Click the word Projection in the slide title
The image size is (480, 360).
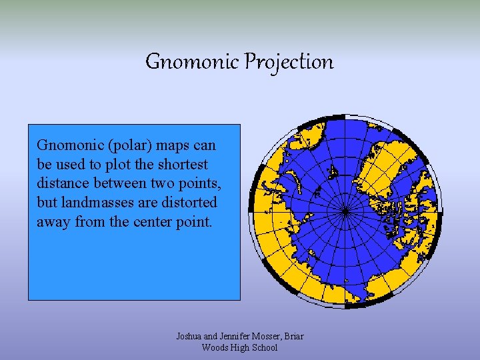[289, 62]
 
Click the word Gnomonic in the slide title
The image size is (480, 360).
[192, 62]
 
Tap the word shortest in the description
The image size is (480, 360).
[184, 164]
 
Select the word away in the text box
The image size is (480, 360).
[53, 221]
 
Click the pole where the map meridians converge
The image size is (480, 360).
[345, 211]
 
